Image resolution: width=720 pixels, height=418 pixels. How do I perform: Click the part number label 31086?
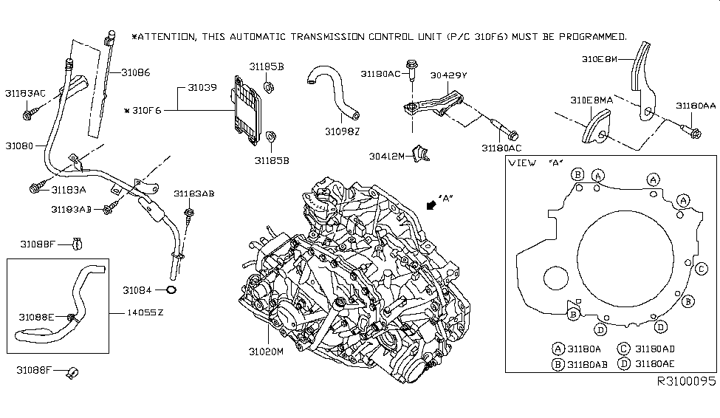point(134,72)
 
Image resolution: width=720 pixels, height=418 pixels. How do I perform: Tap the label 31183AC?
point(25,94)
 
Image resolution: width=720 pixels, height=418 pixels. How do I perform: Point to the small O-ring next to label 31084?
point(171,289)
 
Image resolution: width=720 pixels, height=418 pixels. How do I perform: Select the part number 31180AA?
point(695,106)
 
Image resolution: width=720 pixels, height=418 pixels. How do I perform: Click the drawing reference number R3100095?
point(686,382)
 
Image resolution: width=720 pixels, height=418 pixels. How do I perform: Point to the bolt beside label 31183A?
point(35,188)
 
